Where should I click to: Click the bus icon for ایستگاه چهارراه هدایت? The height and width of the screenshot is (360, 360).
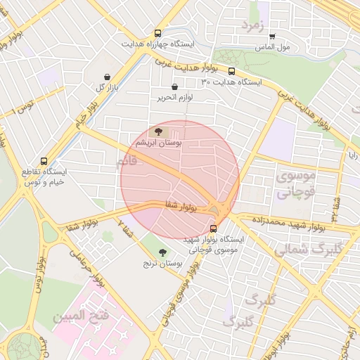(157, 33)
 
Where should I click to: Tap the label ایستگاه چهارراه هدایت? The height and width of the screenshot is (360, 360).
(157, 44)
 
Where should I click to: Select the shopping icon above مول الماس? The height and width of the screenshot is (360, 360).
(272, 37)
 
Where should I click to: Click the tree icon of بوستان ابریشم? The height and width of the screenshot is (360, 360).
(159, 131)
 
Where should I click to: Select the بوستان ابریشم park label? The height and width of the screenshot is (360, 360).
(159, 142)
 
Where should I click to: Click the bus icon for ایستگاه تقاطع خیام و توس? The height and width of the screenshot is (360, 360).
(45, 161)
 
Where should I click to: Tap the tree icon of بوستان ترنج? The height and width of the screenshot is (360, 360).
(163, 252)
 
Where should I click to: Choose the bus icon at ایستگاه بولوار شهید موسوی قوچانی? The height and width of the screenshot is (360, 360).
(214, 229)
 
